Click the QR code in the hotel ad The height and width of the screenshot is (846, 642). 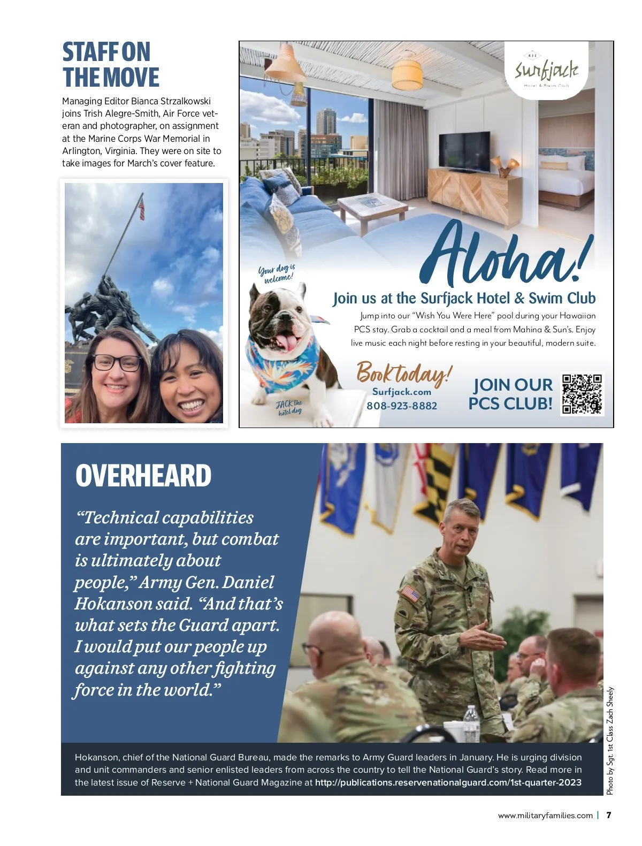point(582,394)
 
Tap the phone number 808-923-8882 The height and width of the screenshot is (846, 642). point(402,406)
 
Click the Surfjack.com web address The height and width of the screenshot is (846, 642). point(401,392)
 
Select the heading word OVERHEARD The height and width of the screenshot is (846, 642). point(143,475)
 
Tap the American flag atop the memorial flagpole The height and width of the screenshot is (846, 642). point(142,208)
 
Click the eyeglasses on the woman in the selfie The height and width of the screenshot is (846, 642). point(116,363)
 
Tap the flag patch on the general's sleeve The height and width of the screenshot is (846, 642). point(411,593)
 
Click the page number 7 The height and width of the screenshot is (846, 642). point(608,815)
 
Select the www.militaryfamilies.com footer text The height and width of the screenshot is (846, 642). point(545,815)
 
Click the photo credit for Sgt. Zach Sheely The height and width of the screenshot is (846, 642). point(610,741)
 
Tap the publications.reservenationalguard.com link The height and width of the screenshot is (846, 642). point(448,782)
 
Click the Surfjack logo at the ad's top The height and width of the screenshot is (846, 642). point(546,71)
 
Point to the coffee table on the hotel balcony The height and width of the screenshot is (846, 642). point(372,208)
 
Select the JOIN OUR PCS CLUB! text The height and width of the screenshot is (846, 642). point(510,394)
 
